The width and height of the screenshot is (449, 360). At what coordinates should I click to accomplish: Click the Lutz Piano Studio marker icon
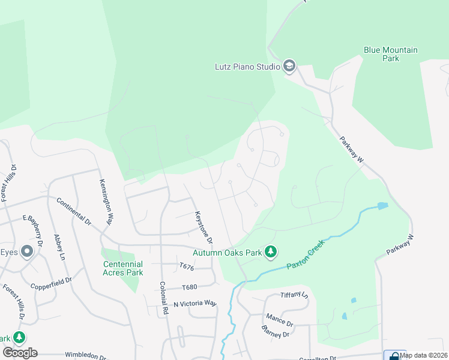click(x=289, y=66)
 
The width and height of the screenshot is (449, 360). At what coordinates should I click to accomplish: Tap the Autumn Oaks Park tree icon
click(x=271, y=253)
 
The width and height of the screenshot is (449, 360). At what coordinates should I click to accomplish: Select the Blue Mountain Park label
click(x=390, y=54)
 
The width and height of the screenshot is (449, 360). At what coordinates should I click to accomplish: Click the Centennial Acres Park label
click(x=123, y=268)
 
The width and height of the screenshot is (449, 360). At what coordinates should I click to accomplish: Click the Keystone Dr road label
click(x=204, y=227)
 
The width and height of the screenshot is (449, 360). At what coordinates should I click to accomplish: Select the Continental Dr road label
click(x=74, y=212)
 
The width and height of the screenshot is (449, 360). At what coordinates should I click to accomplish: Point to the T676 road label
click(x=187, y=266)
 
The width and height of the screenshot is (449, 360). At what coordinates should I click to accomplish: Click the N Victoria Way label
click(x=194, y=303)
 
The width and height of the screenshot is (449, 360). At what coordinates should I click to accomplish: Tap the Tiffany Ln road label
click(x=294, y=295)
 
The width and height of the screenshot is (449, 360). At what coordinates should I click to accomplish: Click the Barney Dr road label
click(x=276, y=331)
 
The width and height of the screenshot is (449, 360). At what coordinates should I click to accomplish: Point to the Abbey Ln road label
click(x=59, y=247)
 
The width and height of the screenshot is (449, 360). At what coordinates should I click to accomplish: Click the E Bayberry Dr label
click(x=34, y=230)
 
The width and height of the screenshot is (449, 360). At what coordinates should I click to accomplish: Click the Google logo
click(x=20, y=352)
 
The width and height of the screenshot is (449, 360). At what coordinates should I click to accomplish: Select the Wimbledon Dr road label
click(x=85, y=355)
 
